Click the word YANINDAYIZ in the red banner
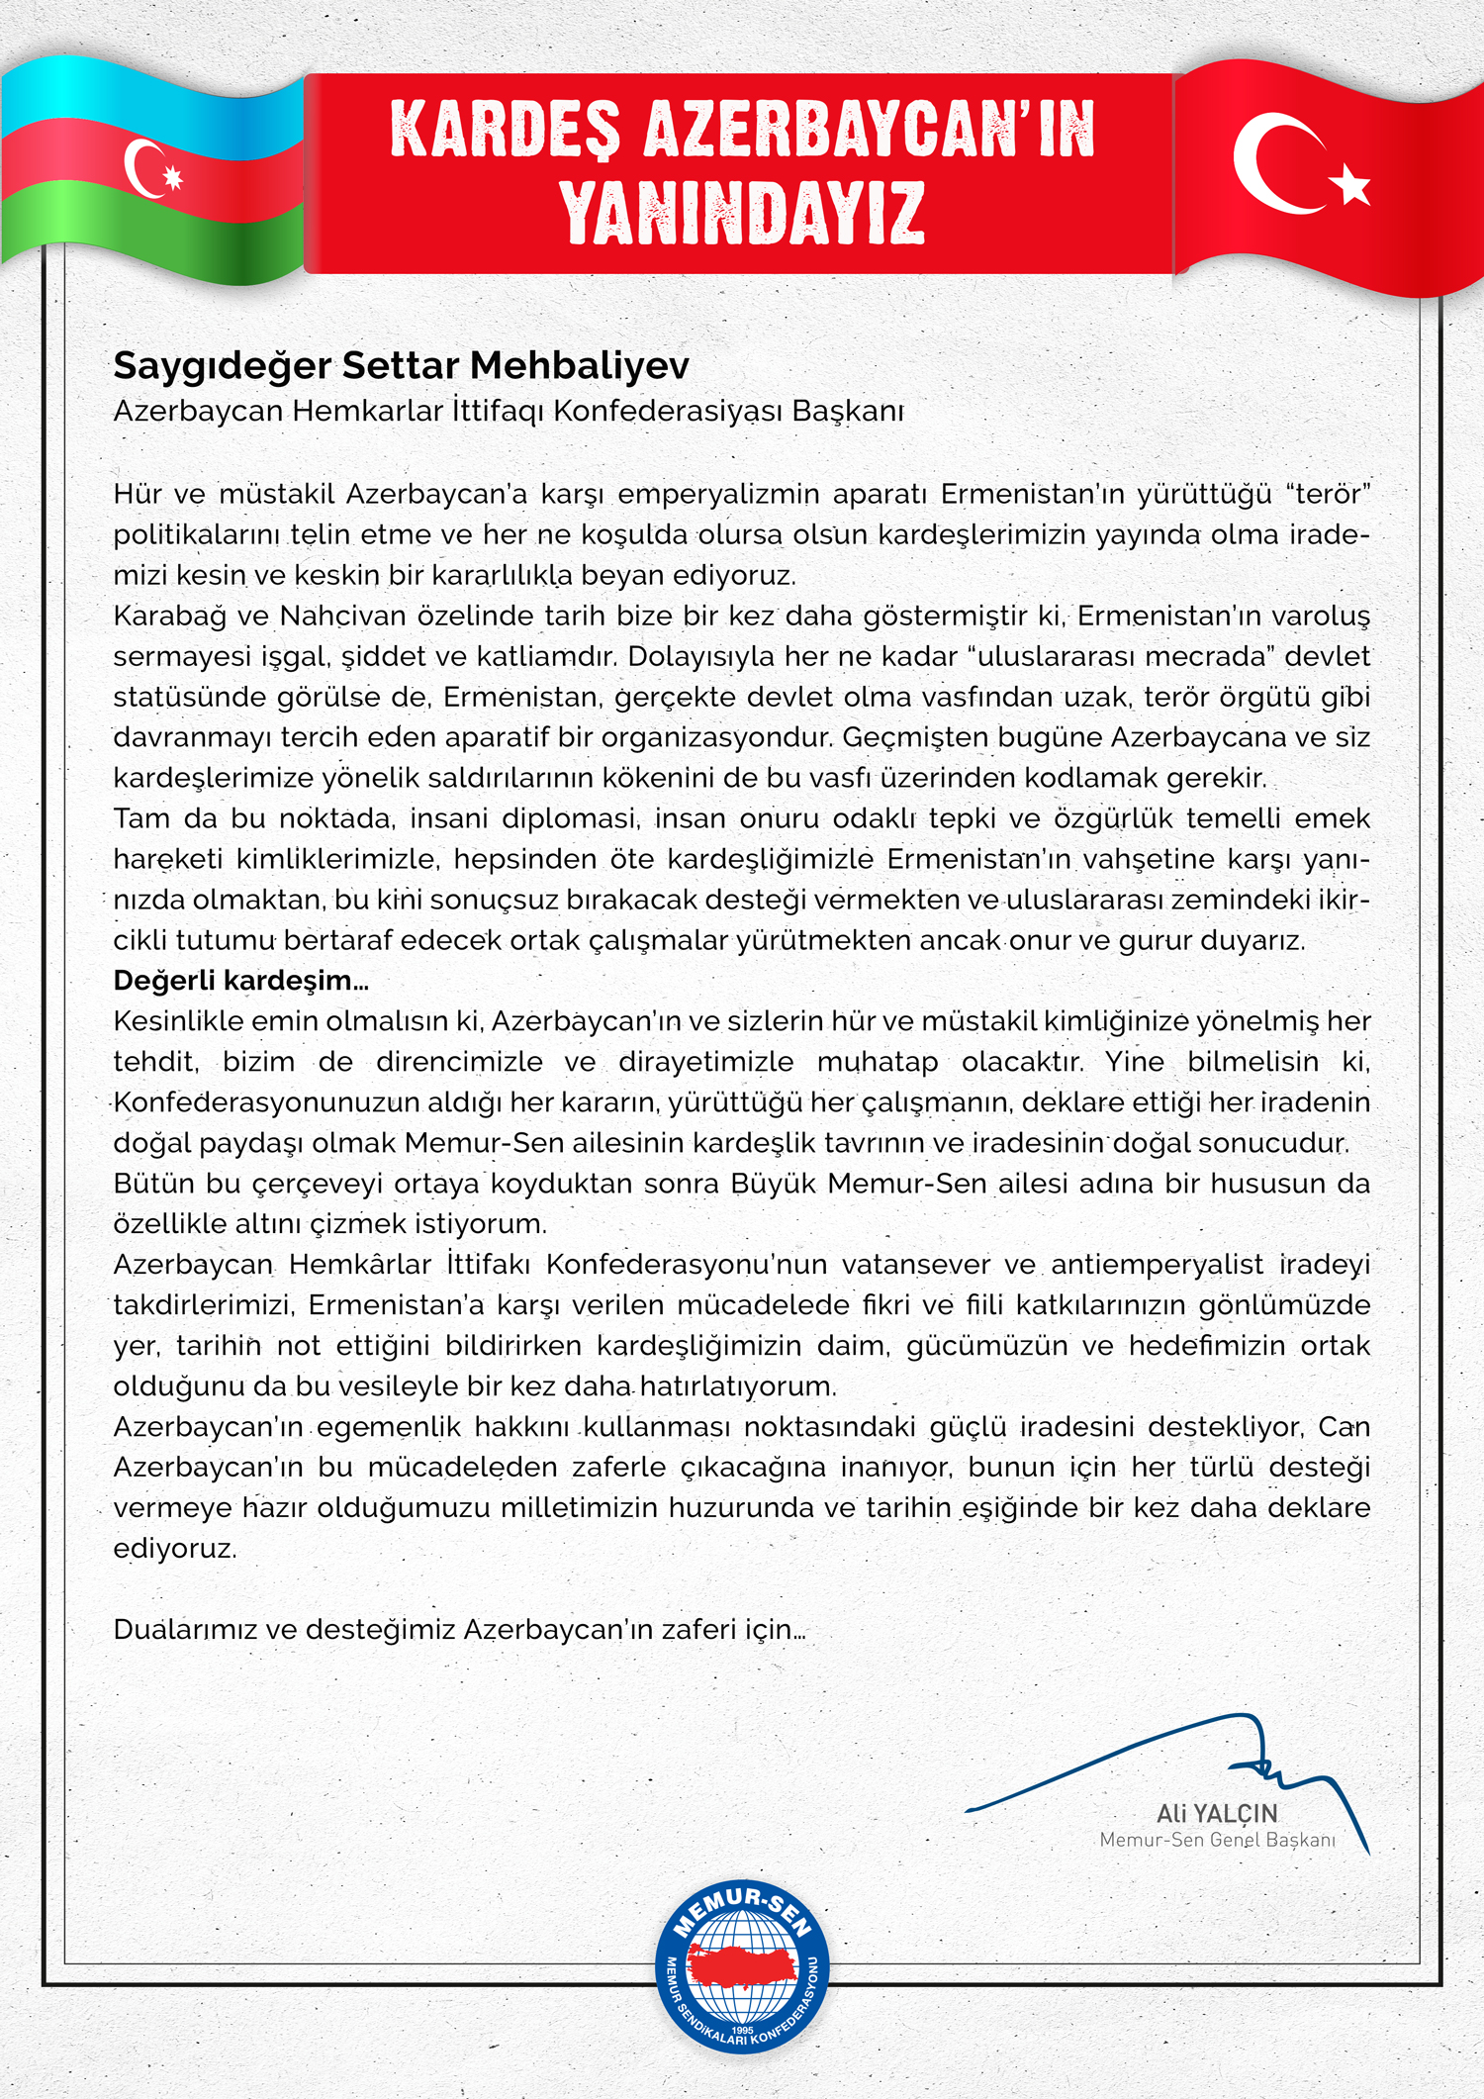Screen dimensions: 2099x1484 tap(742, 213)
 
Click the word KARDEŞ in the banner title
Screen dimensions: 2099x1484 tap(505, 130)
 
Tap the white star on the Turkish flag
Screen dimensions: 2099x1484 tap(1351, 185)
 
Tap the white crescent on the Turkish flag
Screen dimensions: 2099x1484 tap(1271, 163)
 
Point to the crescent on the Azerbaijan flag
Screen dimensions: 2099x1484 tap(142, 168)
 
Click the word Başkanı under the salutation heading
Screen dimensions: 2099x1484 tap(847, 411)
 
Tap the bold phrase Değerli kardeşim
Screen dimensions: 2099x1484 tap(240, 981)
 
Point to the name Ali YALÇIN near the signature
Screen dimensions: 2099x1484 tap(1217, 1814)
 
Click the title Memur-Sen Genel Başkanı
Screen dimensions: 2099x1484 tap(1217, 1840)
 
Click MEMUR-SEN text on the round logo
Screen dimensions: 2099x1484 tap(742, 1909)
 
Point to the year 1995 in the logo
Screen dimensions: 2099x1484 tap(742, 2031)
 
